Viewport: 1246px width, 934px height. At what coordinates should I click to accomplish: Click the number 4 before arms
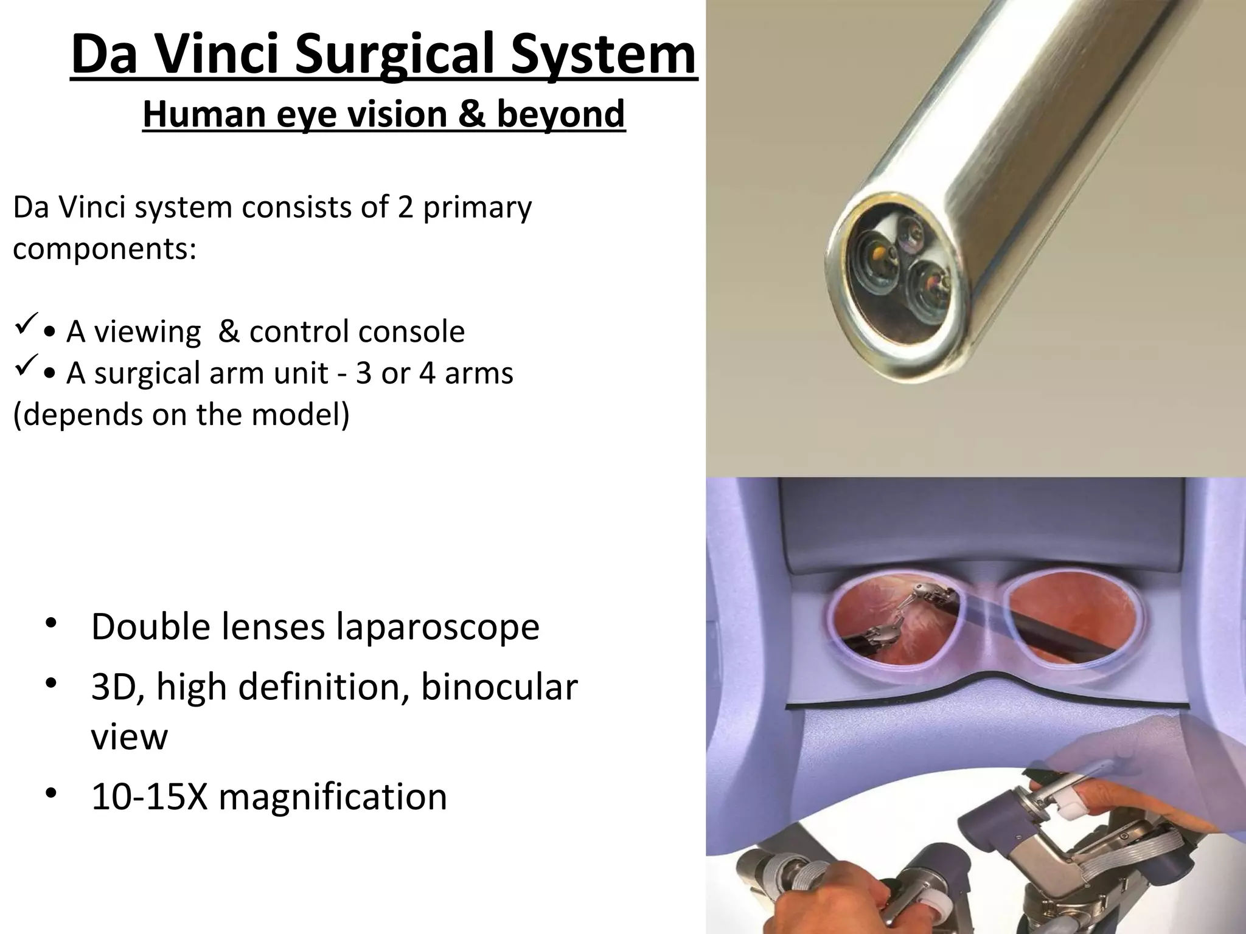428,373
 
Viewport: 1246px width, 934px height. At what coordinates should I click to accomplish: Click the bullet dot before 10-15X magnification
51,793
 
